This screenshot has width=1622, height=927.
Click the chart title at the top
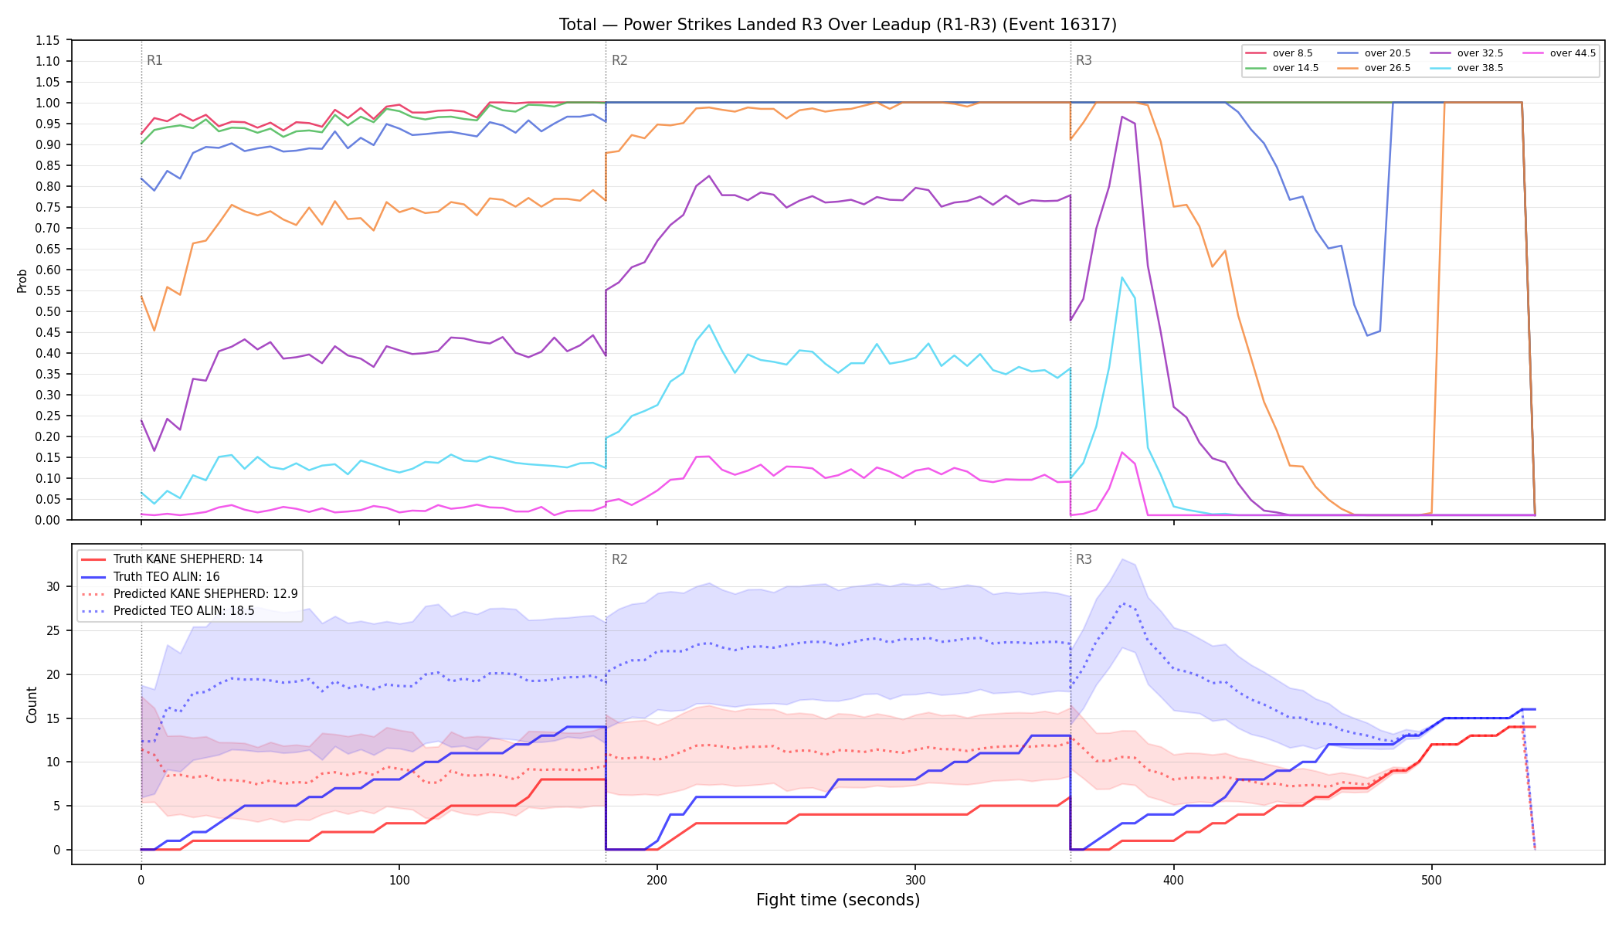(838, 25)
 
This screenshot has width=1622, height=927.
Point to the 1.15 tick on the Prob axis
(48, 40)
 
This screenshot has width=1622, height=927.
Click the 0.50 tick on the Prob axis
(48, 311)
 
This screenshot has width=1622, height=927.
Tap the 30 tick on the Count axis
(53, 586)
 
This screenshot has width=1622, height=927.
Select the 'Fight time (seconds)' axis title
(838, 900)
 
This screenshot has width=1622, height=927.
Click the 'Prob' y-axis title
(22, 280)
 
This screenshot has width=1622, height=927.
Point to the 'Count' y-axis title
(32, 705)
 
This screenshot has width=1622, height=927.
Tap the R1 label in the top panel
(154, 60)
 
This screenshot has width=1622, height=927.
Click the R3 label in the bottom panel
(1084, 559)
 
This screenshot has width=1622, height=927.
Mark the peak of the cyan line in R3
(1121, 277)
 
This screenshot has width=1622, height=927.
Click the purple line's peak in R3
(1121, 117)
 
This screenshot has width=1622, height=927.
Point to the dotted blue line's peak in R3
(1122, 603)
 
